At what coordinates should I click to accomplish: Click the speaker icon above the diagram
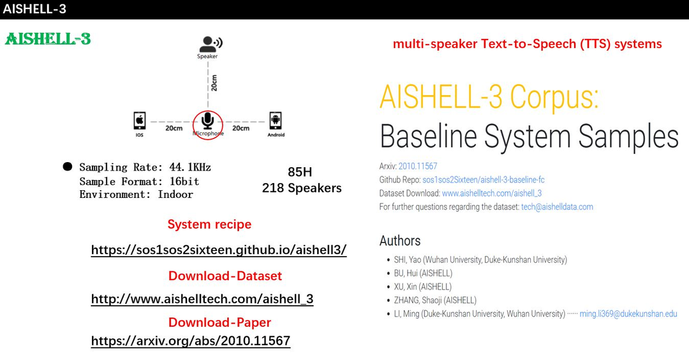(x=209, y=43)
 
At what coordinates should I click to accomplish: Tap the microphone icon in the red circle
(x=207, y=121)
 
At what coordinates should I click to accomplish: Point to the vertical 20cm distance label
(x=214, y=83)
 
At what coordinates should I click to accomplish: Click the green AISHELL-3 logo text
(x=48, y=39)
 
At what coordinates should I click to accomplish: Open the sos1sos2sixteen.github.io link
(x=219, y=250)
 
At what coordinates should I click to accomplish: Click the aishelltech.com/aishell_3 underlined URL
(x=202, y=299)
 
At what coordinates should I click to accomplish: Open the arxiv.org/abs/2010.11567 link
(x=191, y=341)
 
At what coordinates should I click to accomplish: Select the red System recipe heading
(x=209, y=225)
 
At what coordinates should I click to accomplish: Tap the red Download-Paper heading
(x=219, y=322)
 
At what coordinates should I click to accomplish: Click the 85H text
(x=300, y=172)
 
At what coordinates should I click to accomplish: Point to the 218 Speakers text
(x=302, y=188)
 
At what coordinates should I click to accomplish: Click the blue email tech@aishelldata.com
(x=557, y=207)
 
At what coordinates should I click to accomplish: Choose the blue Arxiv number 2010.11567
(x=418, y=167)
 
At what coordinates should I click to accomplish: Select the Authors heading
(x=400, y=241)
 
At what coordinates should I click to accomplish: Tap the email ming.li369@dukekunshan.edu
(x=628, y=314)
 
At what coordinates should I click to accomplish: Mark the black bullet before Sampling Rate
(x=67, y=167)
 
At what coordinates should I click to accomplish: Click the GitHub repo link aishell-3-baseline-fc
(x=483, y=180)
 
